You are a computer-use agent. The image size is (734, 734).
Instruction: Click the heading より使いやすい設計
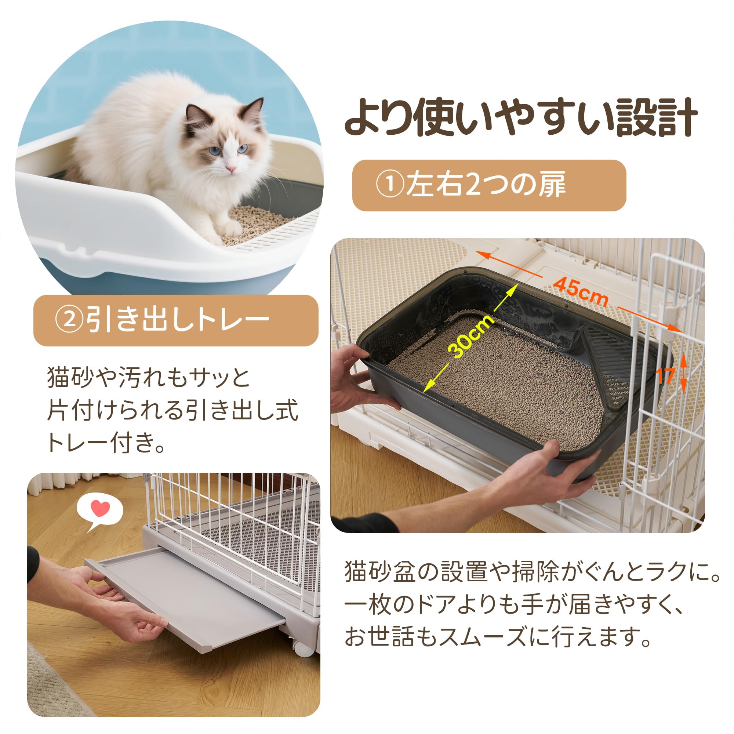tap(521, 117)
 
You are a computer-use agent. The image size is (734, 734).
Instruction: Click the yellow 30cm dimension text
tap(471, 336)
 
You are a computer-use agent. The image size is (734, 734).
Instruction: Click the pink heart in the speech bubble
tap(101, 508)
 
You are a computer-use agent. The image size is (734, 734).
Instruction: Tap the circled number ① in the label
tap(390, 185)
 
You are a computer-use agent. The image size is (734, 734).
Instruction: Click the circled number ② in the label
tap(69, 320)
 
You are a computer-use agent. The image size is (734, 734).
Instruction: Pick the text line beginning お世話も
tap(498, 637)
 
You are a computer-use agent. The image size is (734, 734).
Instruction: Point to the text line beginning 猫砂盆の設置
tap(532, 572)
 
